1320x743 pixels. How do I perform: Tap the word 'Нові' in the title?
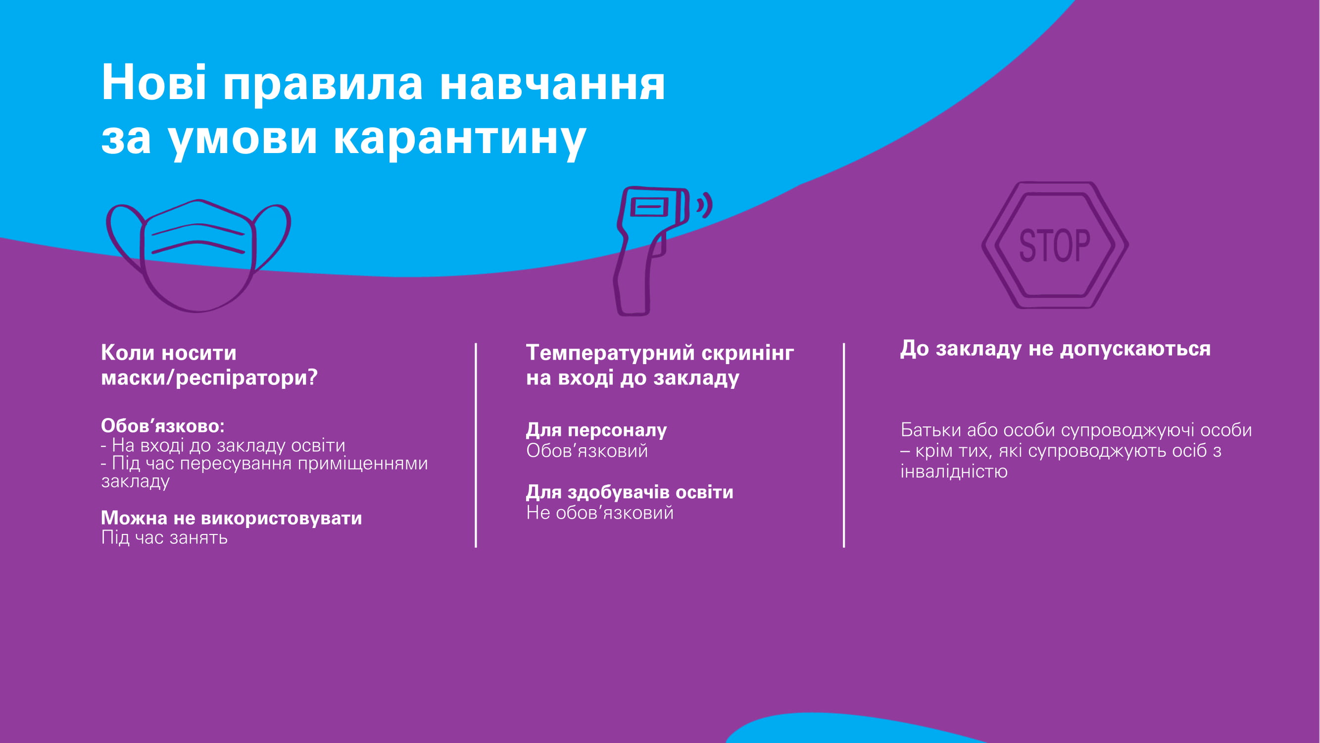(154, 83)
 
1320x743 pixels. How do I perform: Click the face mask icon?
(198, 256)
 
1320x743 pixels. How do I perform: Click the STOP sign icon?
(1055, 245)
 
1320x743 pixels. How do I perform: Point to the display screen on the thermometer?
(650, 207)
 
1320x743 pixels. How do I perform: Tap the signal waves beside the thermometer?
(705, 205)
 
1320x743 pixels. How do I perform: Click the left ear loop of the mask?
(125, 237)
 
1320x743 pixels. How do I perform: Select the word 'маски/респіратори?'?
(209, 378)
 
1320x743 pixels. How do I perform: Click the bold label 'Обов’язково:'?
(163, 425)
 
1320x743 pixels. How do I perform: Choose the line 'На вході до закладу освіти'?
(229, 445)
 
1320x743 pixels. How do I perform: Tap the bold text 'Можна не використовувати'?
(232, 518)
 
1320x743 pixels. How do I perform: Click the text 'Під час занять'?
(164, 537)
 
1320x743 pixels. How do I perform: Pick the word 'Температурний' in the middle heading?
(610, 353)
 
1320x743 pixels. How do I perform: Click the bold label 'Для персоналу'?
(596, 430)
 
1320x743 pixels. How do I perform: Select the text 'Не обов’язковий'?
(600, 512)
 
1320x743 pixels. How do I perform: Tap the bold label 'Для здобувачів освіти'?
(630, 492)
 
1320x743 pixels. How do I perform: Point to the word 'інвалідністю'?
(954, 471)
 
